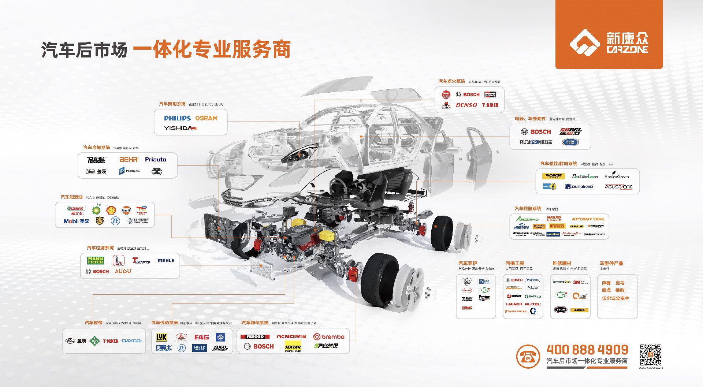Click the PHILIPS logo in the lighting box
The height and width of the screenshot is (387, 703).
point(177,118)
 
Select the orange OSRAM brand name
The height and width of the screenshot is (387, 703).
point(206,118)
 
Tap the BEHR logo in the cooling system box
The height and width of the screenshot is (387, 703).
point(129,160)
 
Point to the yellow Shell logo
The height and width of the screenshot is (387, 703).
point(111,210)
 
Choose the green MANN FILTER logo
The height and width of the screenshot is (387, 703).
point(96,260)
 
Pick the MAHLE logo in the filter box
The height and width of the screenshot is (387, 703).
point(165,261)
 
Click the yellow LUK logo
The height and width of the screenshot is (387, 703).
point(161,337)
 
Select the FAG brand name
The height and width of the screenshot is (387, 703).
point(201,337)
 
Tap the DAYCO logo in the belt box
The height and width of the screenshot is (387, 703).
point(131,341)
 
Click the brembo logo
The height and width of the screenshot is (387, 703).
point(329,337)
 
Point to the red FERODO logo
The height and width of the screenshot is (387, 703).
point(255,337)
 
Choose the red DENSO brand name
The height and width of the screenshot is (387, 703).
point(466,105)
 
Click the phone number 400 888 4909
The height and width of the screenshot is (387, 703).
point(587,350)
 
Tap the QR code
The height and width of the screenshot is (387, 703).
point(651,355)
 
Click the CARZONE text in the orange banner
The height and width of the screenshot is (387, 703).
point(627,49)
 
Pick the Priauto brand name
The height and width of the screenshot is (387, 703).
point(156,160)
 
